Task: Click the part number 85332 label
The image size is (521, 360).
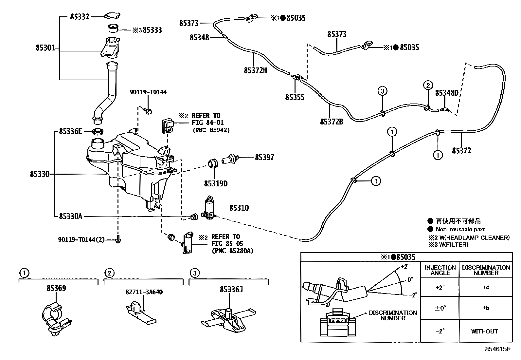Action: (x=80, y=16)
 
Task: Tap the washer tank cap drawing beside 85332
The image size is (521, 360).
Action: (x=112, y=16)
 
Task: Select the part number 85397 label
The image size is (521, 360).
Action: (x=264, y=158)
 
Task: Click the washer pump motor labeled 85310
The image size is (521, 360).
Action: (x=209, y=209)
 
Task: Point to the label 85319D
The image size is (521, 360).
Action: (x=216, y=184)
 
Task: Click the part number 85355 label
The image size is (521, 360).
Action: (x=295, y=97)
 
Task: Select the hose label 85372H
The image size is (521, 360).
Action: (x=255, y=70)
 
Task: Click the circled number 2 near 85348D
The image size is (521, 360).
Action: (x=428, y=85)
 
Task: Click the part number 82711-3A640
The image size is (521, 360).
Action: (x=144, y=292)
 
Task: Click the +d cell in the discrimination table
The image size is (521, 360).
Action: (x=486, y=288)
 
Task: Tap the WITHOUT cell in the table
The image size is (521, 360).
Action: (x=484, y=331)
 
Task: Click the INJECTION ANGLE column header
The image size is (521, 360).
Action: (x=440, y=270)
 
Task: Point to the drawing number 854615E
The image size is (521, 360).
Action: (x=498, y=349)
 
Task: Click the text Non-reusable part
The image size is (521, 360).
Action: (x=460, y=229)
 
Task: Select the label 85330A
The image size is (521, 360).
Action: (x=71, y=216)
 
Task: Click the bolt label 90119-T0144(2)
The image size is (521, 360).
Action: (x=81, y=240)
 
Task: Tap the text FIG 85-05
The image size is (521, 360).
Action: (x=225, y=244)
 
